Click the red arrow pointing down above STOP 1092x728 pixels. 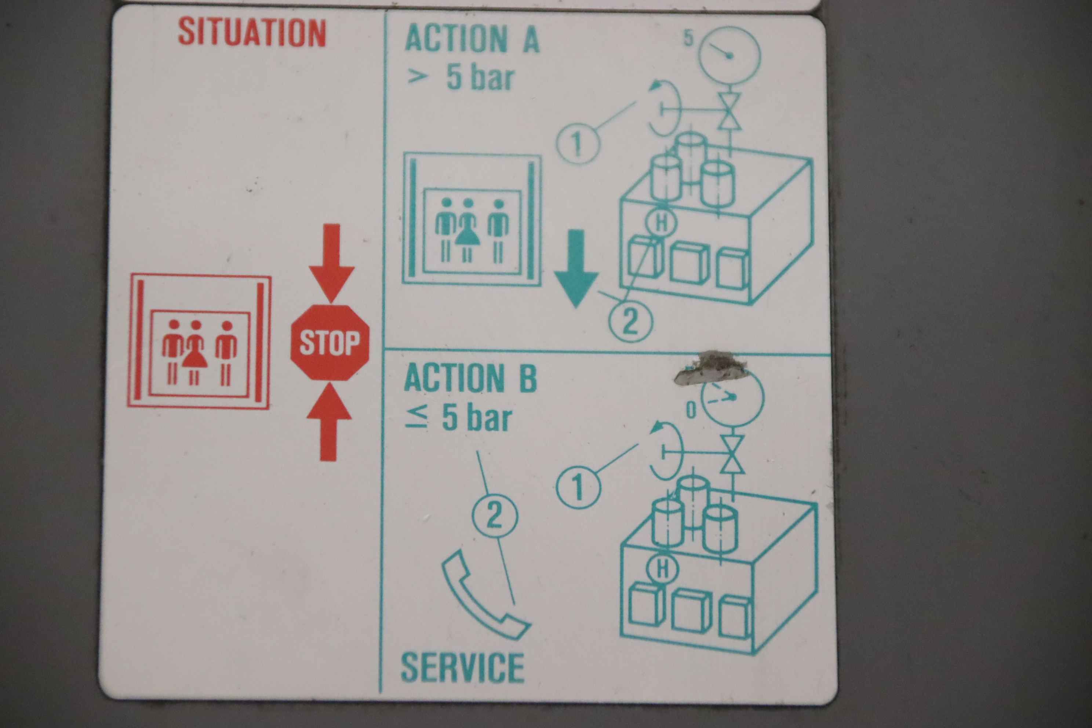pos(331,263)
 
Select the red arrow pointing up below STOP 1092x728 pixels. pos(329,422)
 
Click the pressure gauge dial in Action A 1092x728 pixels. pos(729,55)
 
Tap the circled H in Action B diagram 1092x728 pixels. pos(663,568)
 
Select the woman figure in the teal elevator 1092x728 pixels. pos(467,230)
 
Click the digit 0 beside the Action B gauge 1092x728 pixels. pos(691,411)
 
